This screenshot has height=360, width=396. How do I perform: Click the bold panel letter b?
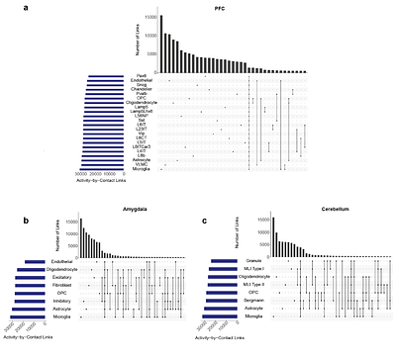pos(9,198)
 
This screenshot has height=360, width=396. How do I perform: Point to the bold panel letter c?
pos(203,198)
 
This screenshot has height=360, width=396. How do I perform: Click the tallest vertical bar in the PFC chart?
pos(162,44)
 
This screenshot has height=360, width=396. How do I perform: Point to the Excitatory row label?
pos(61,272)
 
